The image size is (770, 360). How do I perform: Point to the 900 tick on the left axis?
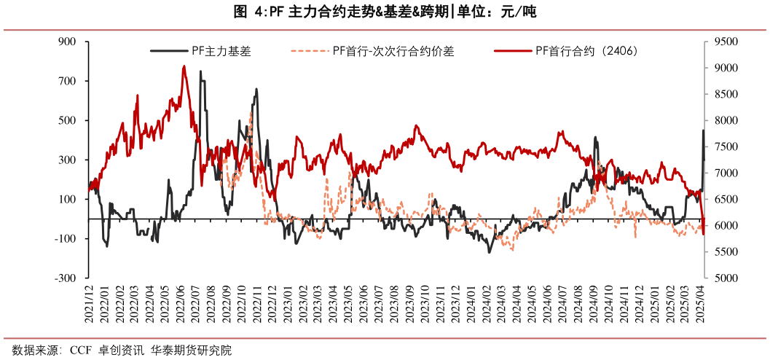tap(68, 42)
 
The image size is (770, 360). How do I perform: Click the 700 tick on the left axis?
tap(68, 82)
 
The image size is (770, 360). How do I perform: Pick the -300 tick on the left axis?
tap(66, 278)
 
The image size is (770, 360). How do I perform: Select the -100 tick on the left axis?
tap(66, 239)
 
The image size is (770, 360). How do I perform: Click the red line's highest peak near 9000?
tap(184, 66)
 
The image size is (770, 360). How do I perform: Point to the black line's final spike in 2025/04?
tap(703, 131)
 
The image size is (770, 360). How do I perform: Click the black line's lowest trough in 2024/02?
tap(490, 252)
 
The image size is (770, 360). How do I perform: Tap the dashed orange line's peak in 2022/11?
tap(251, 113)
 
